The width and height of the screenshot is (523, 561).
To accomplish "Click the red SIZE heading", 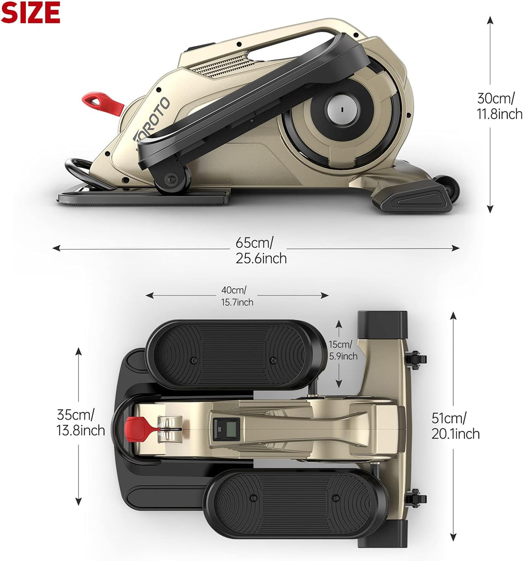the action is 31,13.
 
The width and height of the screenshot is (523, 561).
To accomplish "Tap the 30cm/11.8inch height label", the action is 499,106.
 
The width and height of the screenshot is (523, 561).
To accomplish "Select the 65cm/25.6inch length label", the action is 261,250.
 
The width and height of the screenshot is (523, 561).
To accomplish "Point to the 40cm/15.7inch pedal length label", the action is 237,296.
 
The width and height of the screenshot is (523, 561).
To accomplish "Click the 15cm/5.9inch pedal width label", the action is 343,350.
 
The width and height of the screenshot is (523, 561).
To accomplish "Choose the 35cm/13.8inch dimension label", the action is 81,422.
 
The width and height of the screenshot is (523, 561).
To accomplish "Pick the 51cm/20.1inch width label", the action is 455,426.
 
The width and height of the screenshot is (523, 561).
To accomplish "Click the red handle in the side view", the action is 102,104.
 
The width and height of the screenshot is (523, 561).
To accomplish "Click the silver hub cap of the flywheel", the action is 342,109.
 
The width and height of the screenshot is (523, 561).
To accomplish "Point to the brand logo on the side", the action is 152,120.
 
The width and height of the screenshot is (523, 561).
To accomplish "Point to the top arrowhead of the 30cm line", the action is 490,20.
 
